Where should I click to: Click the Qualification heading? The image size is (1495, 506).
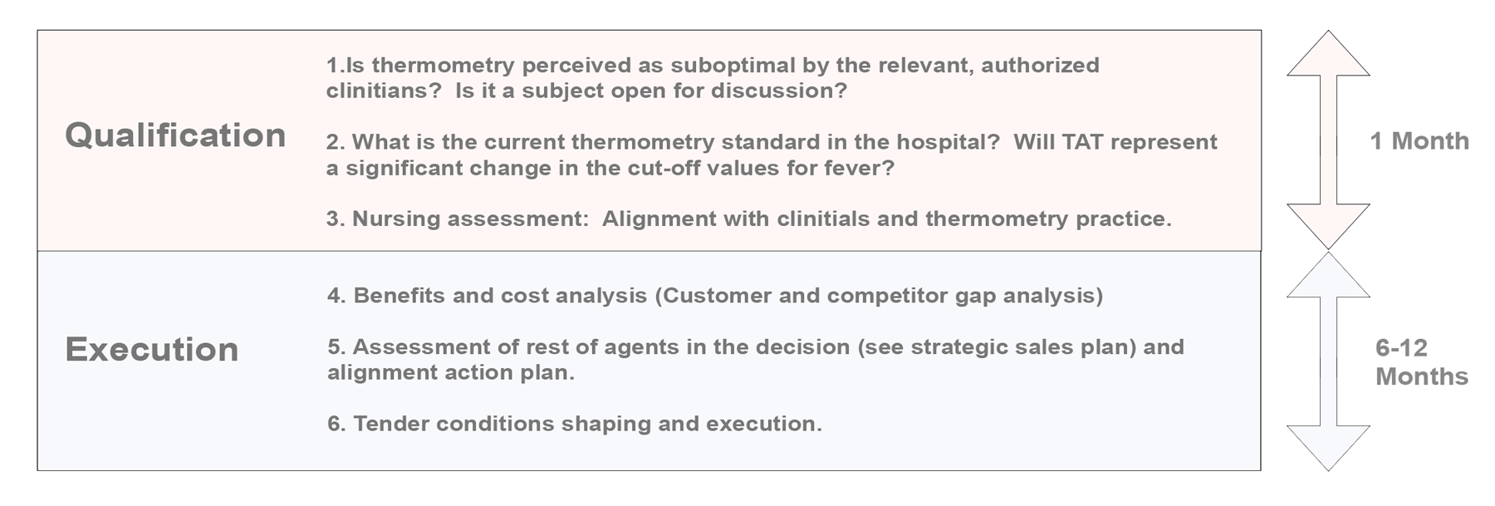(x=175, y=135)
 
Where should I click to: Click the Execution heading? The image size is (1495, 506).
(x=152, y=350)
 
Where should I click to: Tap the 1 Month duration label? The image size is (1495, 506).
(x=1419, y=141)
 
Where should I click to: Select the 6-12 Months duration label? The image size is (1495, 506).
(x=1421, y=362)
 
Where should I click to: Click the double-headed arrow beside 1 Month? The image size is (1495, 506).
(x=1328, y=139)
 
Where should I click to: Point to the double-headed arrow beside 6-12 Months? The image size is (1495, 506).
(x=1328, y=361)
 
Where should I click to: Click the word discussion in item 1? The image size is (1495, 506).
(x=779, y=91)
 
